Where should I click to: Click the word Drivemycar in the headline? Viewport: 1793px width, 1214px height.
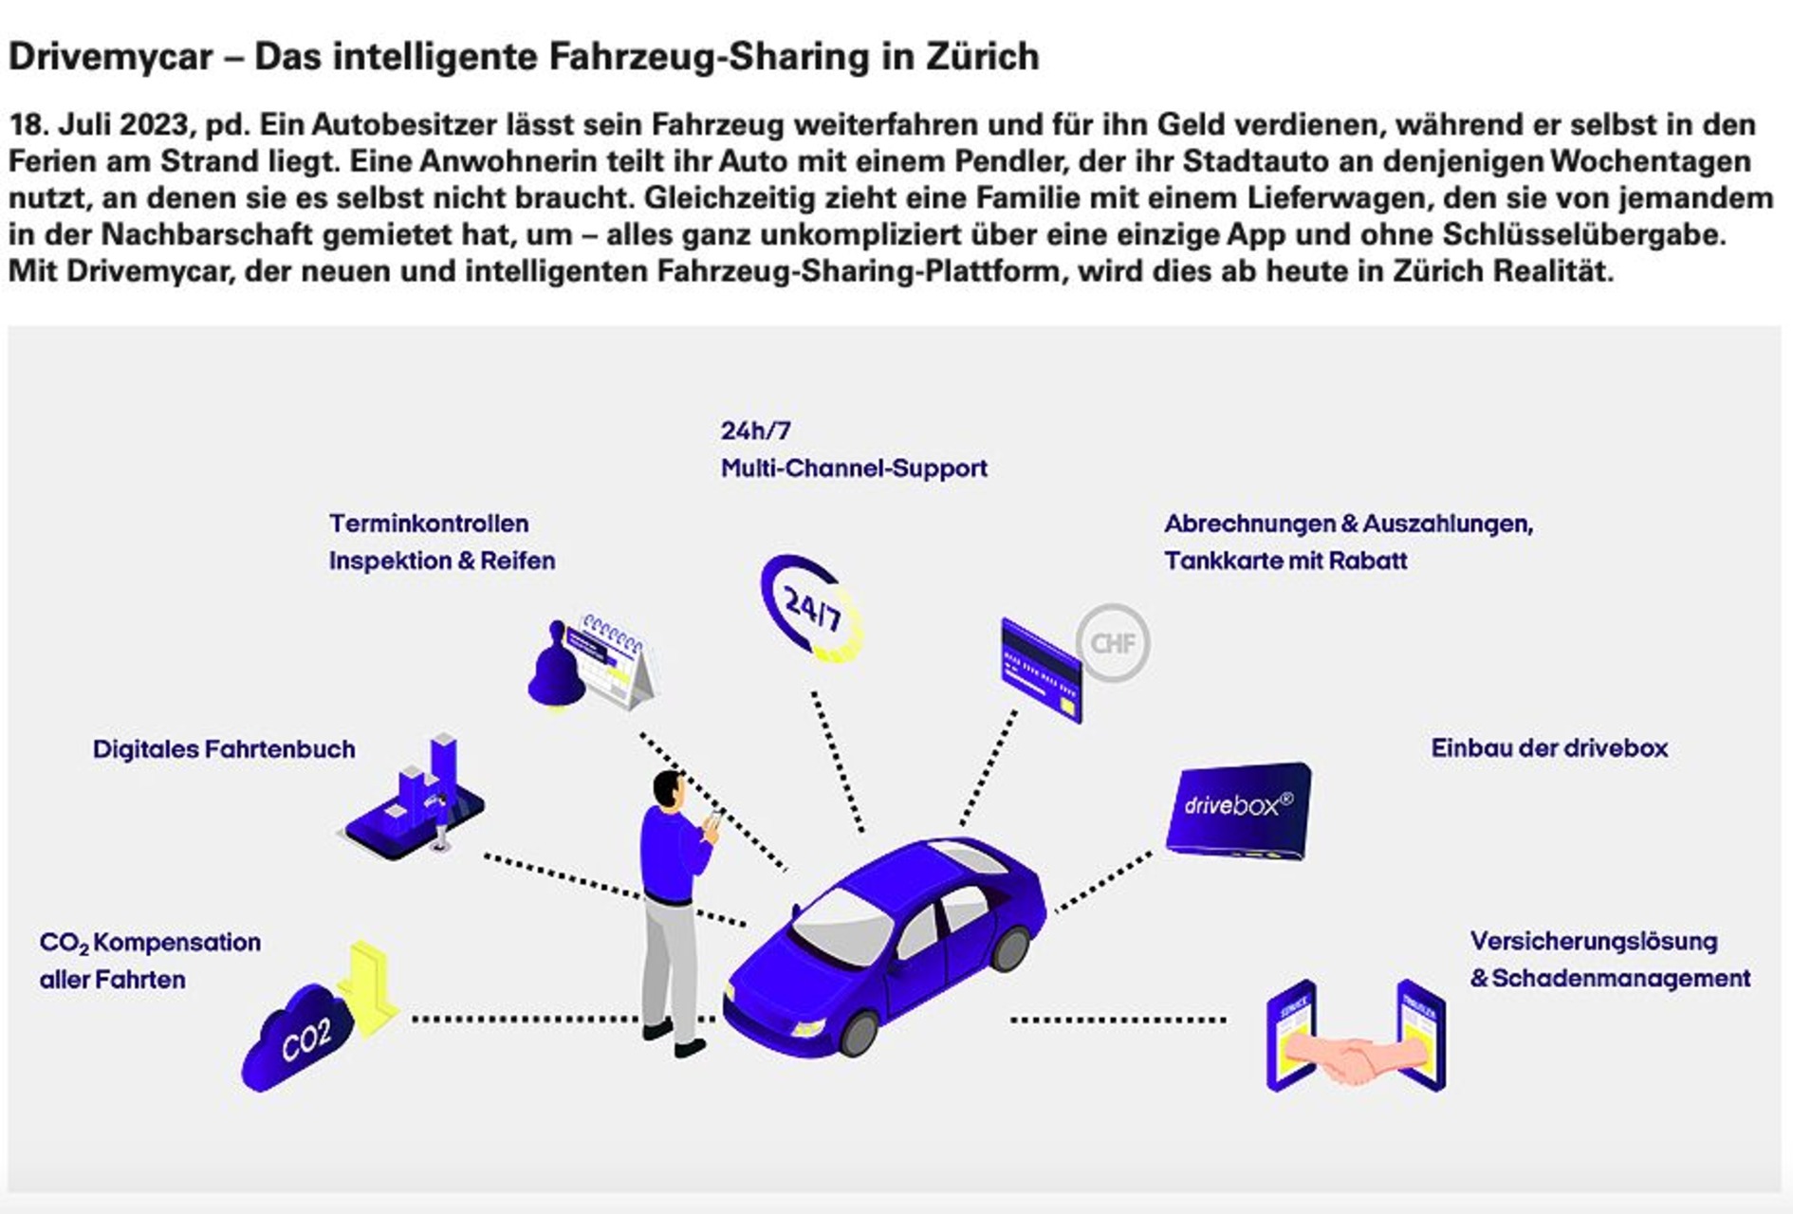click(x=111, y=58)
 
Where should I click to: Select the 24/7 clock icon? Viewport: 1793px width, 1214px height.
click(x=812, y=608)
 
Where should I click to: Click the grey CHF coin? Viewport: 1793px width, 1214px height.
click(x=1113, y=643)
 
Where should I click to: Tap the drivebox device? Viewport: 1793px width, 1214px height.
click(x=1238, y=811)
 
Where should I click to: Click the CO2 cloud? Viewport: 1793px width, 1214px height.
click(x=298, y=1038)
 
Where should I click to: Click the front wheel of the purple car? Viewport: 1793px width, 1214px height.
click(x=860, y=1033)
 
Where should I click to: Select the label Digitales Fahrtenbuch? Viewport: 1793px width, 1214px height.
click(x=224, y=749)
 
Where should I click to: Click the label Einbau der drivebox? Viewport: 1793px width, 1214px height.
click(x=1549, y=748)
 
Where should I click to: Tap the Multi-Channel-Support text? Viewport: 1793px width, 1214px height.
click(x=854, y=469)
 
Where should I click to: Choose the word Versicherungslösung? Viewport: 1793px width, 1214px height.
click(x=1594, y=942)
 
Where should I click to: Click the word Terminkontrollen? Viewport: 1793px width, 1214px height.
click(x=429, y=524)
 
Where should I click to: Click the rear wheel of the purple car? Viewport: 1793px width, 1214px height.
click(x=1009, y=947)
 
